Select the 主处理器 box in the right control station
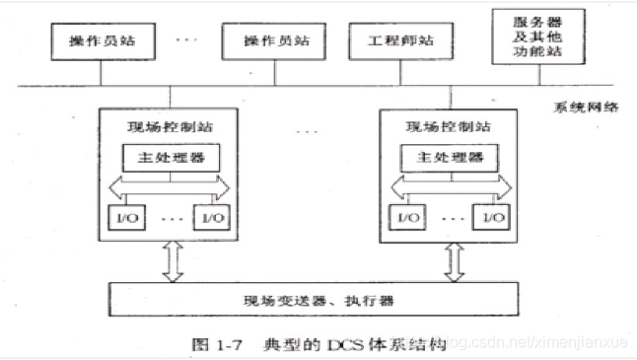click(x=449, y=156)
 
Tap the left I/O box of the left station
click(x=122, y=216)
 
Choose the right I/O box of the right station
click(x=497, y=216)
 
